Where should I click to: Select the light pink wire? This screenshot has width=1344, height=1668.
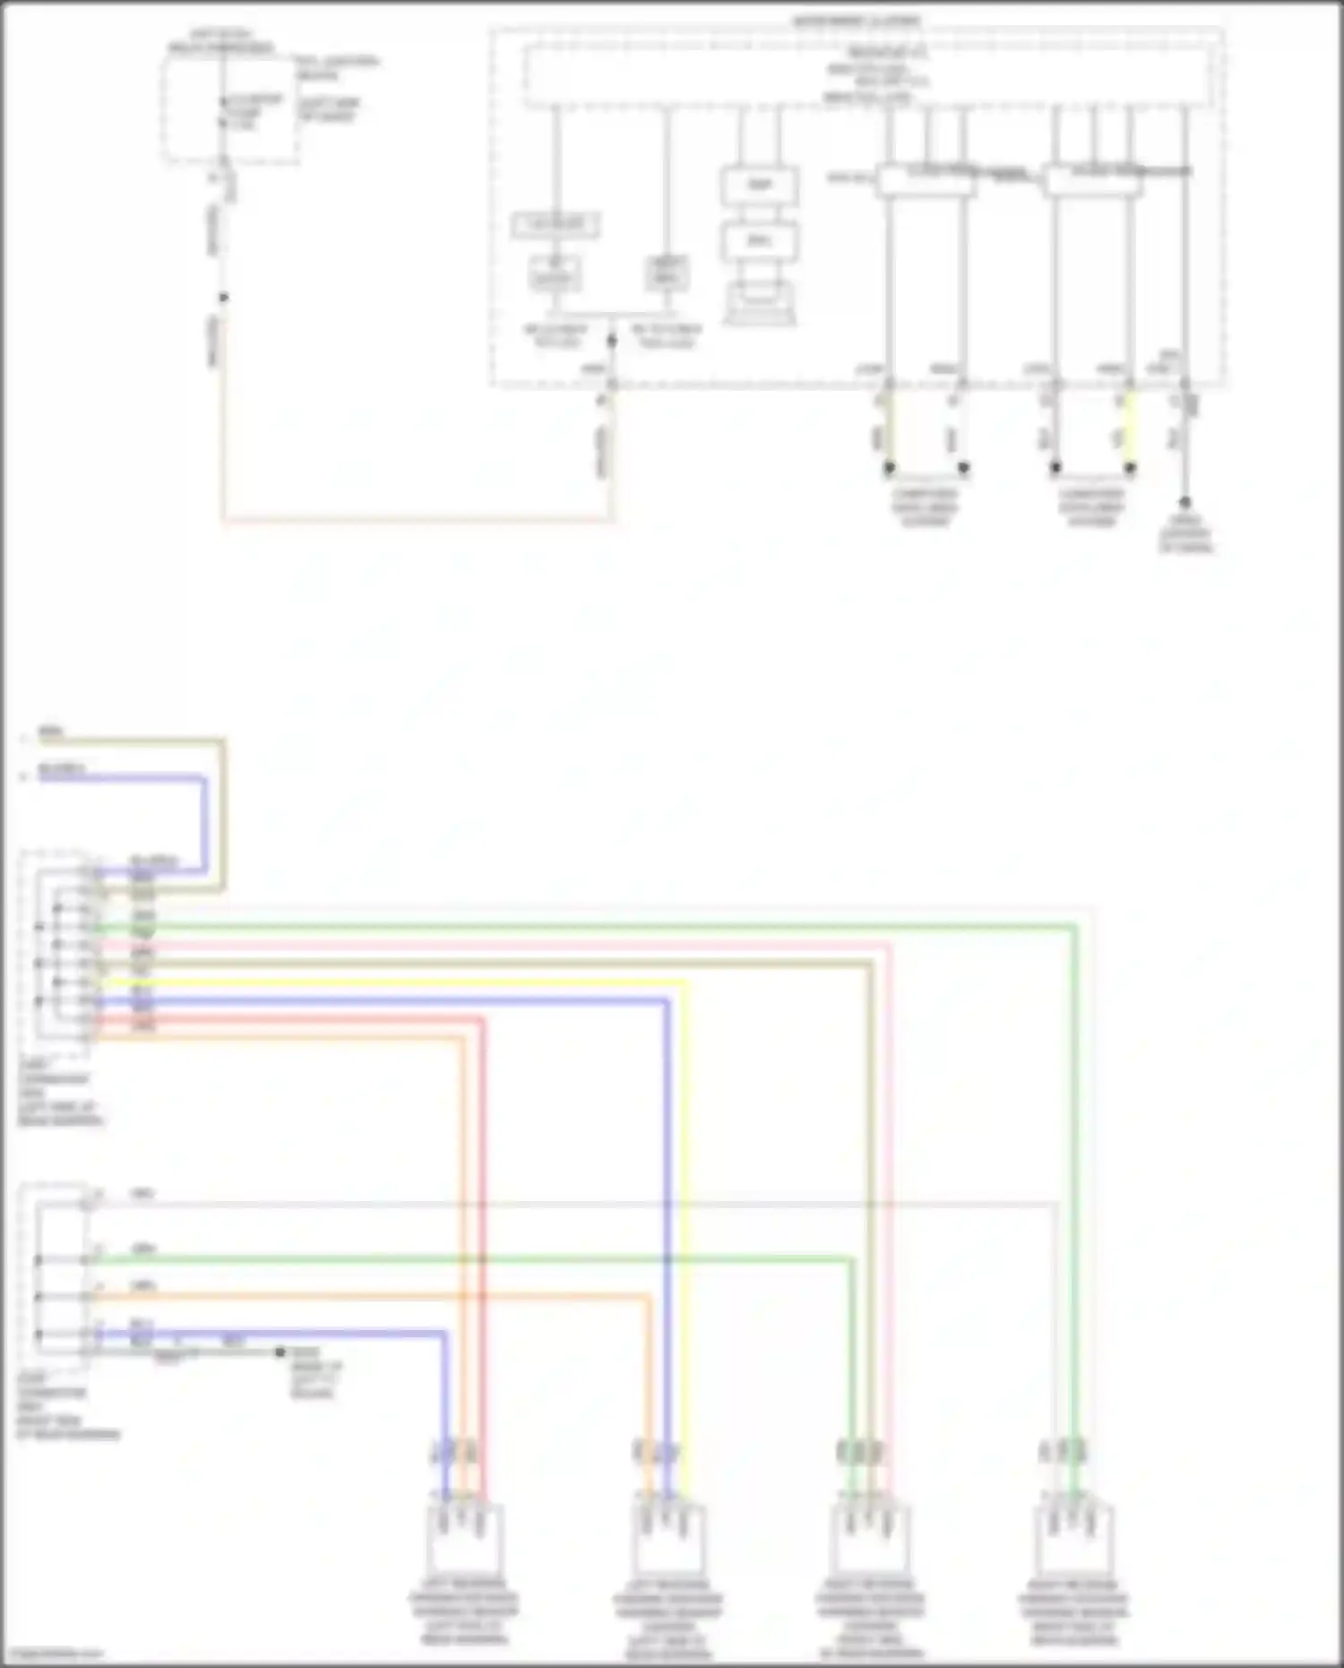tap(538, 944)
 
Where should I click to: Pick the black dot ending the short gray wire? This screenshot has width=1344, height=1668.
tap(280, 1352)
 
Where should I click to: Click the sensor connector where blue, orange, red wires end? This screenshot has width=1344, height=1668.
tap(463, 1538)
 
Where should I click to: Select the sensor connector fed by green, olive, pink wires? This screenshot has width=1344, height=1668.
tap(869, 1538)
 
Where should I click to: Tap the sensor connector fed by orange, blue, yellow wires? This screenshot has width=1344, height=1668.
tap(668, 1538)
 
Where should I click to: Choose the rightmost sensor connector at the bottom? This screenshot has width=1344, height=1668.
tap(1073, 1538)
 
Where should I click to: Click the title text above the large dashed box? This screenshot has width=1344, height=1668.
tap(857, 21)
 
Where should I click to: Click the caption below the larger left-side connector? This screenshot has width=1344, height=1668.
tap(59, 1093)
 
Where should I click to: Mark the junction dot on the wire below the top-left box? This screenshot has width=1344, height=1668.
tap(224, 298)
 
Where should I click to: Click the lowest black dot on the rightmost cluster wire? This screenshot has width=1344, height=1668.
tap(1185, 503)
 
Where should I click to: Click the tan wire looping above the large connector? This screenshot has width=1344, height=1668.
tap(223, 807)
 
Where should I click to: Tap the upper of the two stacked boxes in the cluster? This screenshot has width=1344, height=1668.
tap(759, 186)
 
